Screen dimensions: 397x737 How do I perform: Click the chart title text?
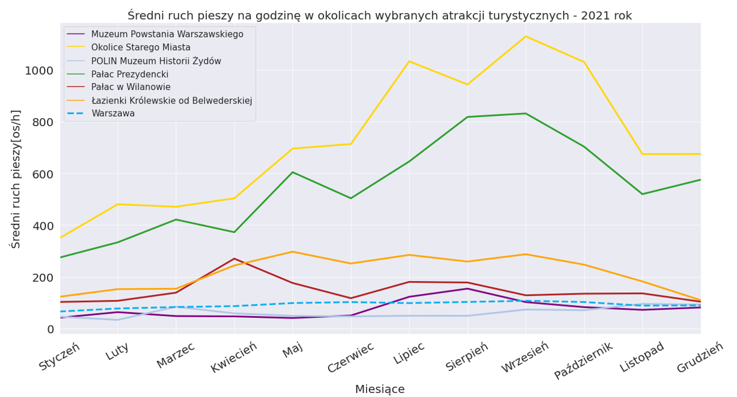pos(379,15)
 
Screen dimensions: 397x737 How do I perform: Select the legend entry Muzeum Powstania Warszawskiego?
pos(167,34)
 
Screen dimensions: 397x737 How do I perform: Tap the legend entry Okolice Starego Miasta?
pos(140,48)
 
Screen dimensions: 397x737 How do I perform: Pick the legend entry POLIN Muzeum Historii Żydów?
pos(156,61)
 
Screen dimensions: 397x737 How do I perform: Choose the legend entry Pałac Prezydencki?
pos(130,74)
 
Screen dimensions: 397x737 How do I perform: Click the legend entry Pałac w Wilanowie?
pos(131,87)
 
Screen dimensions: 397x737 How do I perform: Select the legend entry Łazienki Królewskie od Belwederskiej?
pos(172,101)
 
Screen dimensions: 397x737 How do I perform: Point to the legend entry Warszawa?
pos(113,114)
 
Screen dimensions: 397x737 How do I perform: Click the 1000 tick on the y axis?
pos(39,71)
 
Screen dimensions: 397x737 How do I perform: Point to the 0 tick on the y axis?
pos(50,329)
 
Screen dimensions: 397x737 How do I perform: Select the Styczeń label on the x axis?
pos(60,357)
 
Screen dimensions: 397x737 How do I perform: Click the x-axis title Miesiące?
pos(380,390)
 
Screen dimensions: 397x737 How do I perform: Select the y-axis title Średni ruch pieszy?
pos(16,179)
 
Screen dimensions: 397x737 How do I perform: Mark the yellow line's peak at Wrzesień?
pos(526,36)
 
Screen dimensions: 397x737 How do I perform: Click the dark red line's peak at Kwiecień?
pos(234,258)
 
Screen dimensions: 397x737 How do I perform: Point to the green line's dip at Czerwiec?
pos(351,198)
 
